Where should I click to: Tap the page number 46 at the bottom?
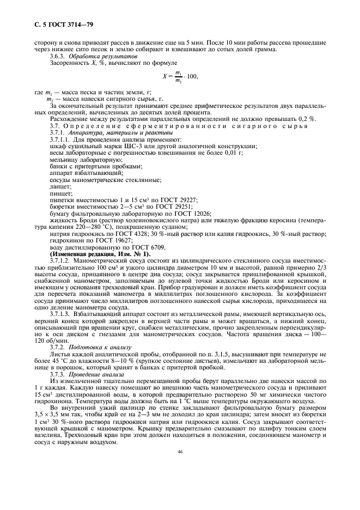point(180,466)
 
